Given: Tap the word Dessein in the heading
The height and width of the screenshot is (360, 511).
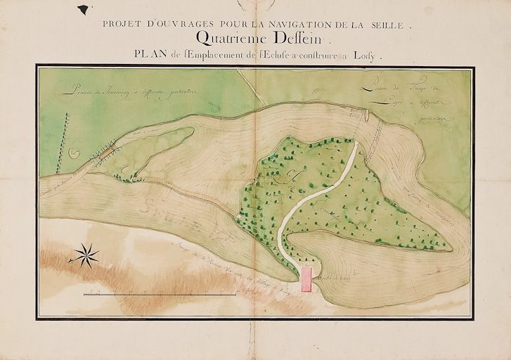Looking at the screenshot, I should [x=290, y=38].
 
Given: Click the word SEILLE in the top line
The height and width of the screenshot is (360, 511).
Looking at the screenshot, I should [x=386, y=24].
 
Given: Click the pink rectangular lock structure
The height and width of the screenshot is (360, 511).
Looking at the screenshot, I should [x=306, y=278].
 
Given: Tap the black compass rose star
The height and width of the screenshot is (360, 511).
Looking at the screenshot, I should [x=87, y=253].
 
